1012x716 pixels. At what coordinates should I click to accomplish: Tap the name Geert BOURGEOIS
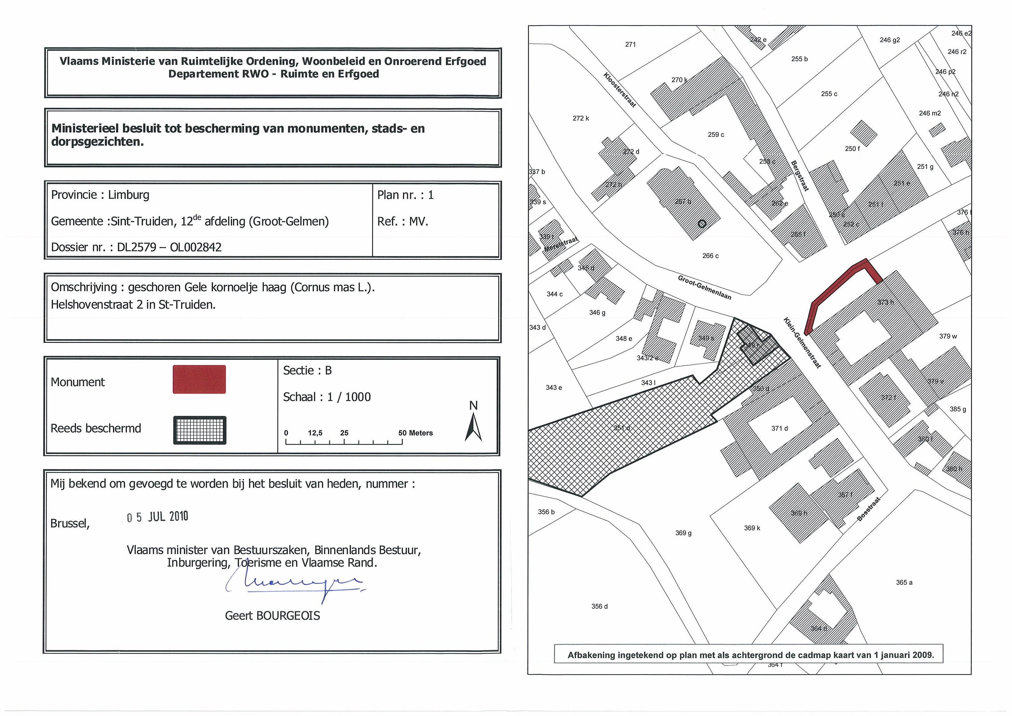272,616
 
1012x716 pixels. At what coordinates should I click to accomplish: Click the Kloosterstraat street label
619,90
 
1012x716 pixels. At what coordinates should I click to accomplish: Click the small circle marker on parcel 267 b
702,224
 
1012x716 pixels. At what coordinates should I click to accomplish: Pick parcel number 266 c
710,256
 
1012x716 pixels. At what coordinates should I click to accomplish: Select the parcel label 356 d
600,606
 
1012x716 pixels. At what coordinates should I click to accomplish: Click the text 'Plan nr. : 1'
405,195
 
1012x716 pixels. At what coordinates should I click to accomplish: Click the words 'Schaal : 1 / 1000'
327,397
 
